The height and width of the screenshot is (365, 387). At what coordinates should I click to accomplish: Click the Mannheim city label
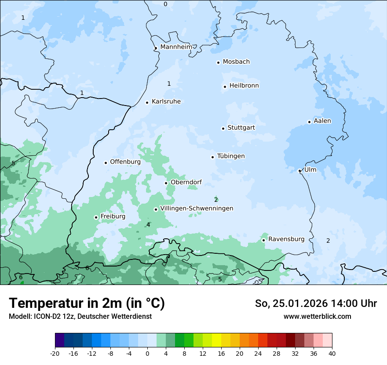coord(176,47)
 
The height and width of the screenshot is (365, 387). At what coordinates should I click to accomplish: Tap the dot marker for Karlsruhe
coord(147,102)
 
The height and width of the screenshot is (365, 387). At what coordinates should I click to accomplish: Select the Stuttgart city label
coord(241,128)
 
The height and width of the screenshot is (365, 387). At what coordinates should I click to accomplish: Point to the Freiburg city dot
coord(96,217)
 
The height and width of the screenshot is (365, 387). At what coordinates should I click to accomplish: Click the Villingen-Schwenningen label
coord(197,208)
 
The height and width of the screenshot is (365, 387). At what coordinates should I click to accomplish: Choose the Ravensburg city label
coord(286,239)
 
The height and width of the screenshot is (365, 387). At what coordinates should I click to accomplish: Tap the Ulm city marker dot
coord(299,171)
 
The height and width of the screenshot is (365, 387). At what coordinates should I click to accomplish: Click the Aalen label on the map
coord(322,120)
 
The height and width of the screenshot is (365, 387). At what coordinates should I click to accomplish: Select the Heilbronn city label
coord(244,85)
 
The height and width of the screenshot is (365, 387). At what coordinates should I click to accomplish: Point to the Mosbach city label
coord(236,62)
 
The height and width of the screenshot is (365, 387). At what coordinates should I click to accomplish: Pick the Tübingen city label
coord(231,156)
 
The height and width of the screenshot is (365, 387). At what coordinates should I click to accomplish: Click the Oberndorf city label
coord(186,182)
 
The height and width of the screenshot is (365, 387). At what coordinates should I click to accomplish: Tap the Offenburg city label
coord(125,161)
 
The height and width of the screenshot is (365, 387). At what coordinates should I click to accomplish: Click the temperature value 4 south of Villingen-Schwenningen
coord(148,225)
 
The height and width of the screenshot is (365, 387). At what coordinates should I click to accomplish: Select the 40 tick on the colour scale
coord(332,353)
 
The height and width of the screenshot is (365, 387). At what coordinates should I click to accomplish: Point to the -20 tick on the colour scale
coord(55,353)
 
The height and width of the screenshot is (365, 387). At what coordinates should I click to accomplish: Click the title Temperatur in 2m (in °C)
coord(87,303)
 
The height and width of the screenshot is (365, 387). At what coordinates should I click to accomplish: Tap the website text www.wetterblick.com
coord(317,316)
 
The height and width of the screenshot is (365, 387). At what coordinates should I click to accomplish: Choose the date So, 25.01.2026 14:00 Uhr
coord(316,303)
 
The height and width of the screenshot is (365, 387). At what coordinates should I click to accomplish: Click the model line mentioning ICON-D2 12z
coord(80,316)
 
